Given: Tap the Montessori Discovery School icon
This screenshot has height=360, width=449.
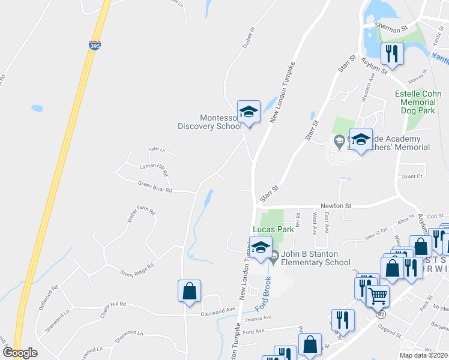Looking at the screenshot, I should [x=249, y=112].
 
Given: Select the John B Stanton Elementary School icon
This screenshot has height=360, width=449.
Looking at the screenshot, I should [x=261, y=248].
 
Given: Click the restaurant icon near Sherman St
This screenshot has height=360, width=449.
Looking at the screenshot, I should [x=392, y=54].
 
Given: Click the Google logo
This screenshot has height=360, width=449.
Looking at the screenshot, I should [x=20, y=353].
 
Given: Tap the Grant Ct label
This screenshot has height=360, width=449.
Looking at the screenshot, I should [x=412, y=176].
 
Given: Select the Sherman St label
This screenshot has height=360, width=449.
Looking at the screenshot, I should [x=391, y=28].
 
